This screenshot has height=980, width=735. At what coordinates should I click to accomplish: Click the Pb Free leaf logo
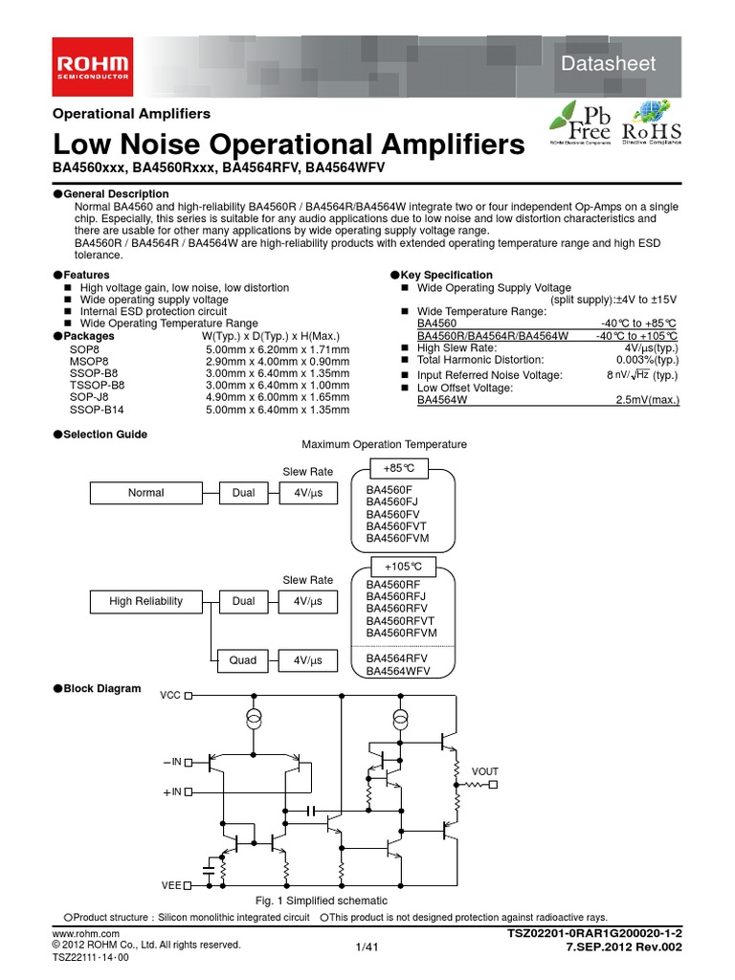click(x=581, y=122)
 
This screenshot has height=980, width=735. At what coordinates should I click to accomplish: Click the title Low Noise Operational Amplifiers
click(x=288, y=145)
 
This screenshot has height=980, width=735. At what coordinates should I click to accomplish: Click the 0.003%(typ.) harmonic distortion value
click(x=646, y=360)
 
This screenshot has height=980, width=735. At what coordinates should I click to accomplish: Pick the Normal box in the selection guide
click(x=146, y=493)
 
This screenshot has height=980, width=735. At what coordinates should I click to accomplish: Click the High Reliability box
click(x=146, y=601)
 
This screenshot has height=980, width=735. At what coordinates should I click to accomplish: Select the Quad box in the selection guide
click(x=243, y=659)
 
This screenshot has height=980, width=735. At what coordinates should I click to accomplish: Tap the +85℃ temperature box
click(x=399, y=468)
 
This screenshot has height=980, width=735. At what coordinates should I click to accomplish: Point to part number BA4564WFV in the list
click(x=398, y=672)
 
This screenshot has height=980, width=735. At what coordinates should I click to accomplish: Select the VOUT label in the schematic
click(x=485, y=770)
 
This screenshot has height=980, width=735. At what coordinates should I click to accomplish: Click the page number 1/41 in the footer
click(x=367, y=947)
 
